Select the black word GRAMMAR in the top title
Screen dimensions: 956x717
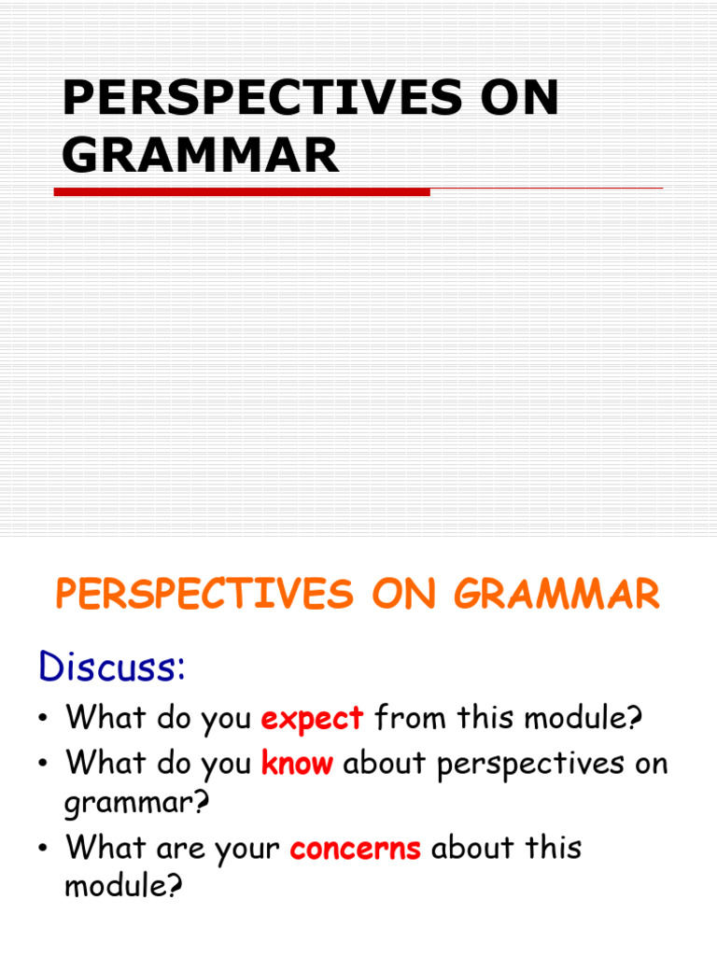201,155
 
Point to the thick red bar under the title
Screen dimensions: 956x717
242,192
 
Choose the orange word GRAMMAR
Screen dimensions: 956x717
557,595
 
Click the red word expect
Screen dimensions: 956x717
312,720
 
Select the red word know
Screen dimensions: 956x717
297,764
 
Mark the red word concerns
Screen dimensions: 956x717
356,849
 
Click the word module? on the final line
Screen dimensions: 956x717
121,886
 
